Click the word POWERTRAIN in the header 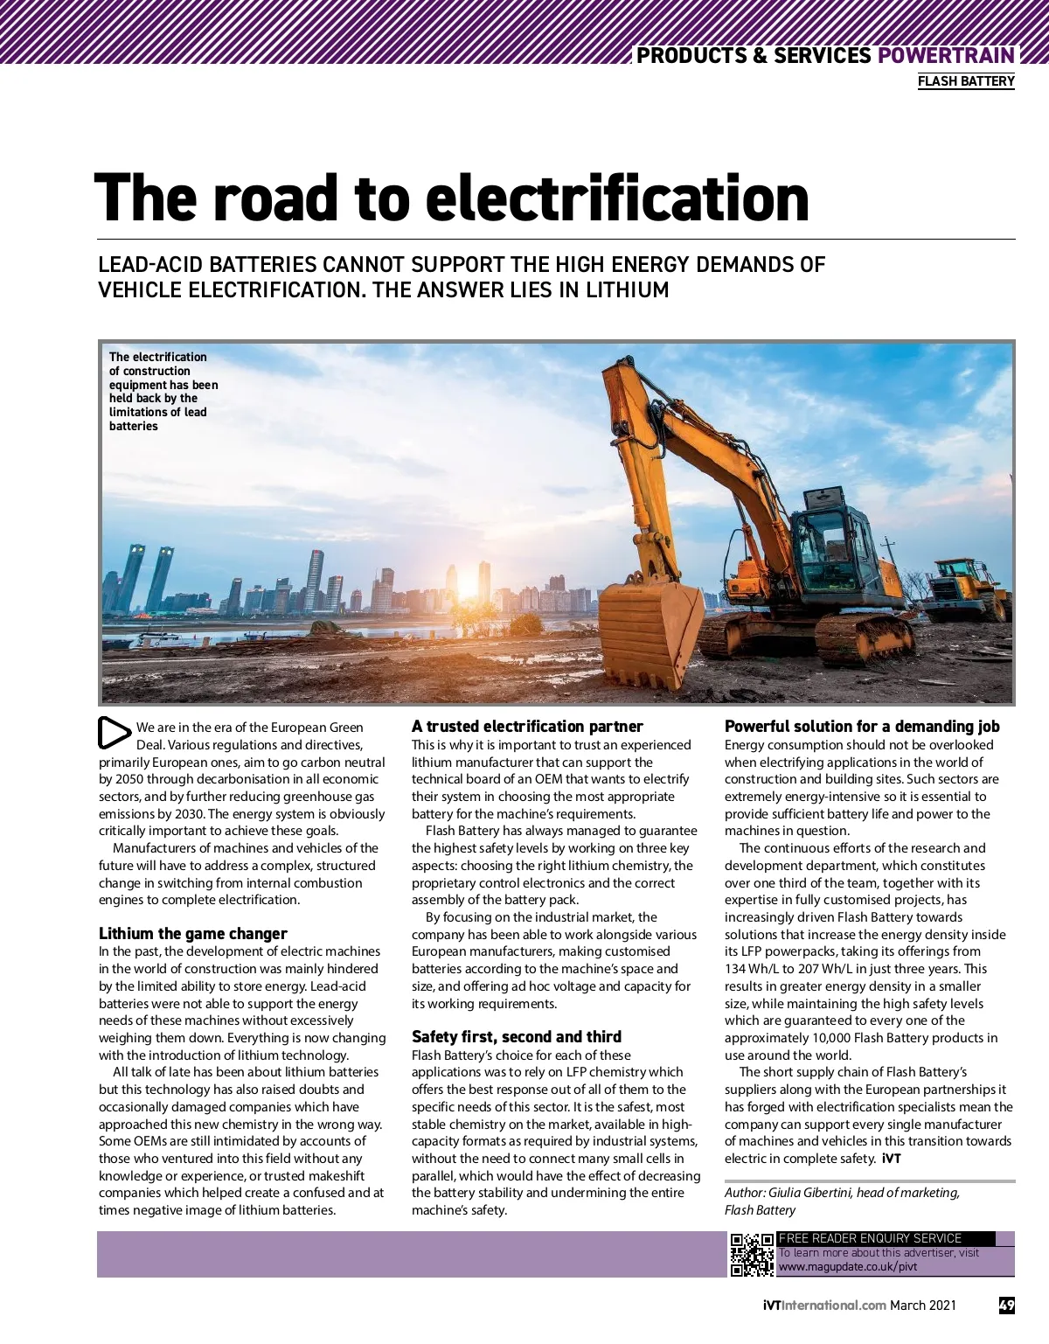coord(946,55)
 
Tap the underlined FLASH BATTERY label coord(966,81)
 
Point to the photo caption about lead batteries coord(163,391)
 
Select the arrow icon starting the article coord(114,733)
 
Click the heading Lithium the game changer coord(192,933)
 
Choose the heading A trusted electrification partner coord(527,726)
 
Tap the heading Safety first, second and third coord(517,1036)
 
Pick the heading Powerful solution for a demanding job coord(862,726)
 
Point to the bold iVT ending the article coord(891,1159)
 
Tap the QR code coord(752,1255)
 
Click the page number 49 coord(1007,1306)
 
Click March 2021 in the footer coord(923,1306)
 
